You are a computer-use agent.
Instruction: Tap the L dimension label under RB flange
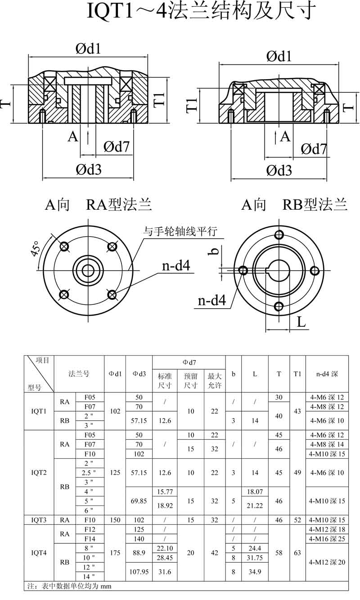301,322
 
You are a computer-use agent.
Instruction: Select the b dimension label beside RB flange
214,251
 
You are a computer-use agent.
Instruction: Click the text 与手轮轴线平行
180,231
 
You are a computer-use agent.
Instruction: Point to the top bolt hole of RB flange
279,235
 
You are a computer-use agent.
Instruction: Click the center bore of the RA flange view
88,271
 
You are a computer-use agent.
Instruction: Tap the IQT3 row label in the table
39,520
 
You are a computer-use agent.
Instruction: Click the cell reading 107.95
139,572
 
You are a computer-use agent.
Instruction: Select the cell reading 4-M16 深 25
327,539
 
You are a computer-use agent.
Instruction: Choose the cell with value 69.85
139,501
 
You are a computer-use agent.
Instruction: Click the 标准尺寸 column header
165,381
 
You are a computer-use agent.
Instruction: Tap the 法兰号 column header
79,374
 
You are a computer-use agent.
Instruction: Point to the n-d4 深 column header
327,374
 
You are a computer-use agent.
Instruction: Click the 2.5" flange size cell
89,473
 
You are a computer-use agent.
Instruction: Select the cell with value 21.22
255,505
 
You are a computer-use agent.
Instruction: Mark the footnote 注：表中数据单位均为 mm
69,586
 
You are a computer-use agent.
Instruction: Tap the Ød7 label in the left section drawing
116,146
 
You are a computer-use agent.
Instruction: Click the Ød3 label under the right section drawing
279,170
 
